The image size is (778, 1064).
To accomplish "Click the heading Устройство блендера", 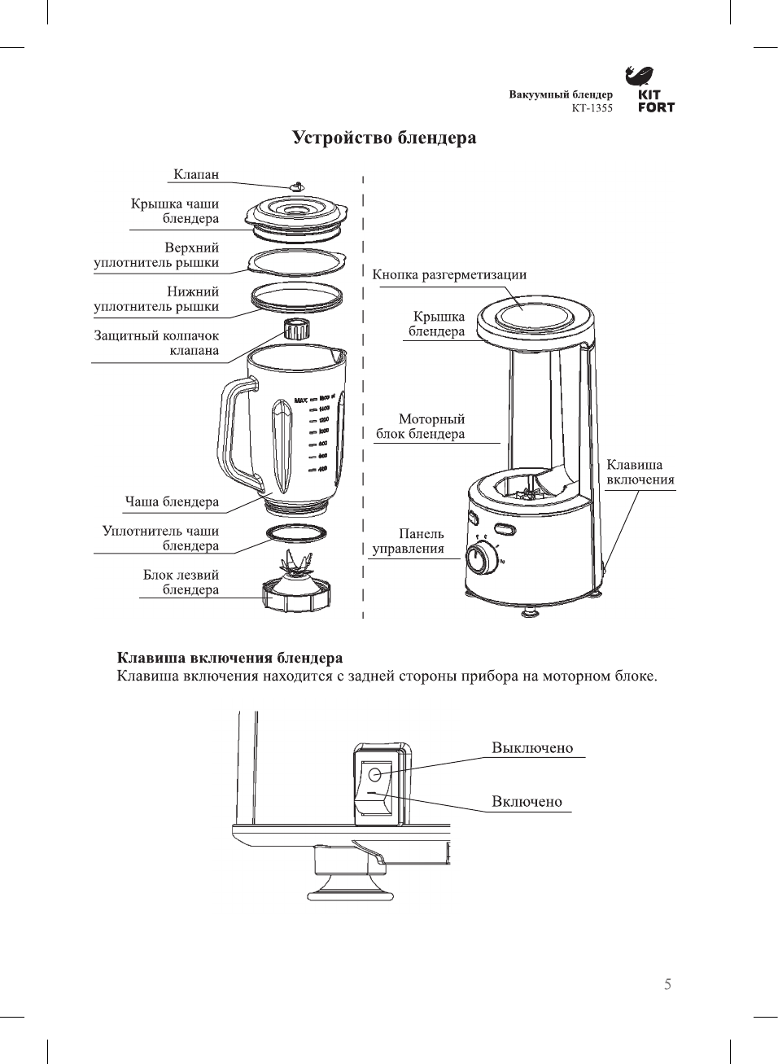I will pos(384,138).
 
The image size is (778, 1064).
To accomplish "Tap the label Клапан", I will pos(196,174).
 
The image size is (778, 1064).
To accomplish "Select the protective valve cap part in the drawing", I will pos(297,330).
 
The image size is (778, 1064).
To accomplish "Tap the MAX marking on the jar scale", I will pos(299,399).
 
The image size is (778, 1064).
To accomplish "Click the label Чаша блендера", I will pos(172,501).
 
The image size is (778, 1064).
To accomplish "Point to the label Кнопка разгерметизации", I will pos(449,274).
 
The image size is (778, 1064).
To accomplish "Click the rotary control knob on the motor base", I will pos(480,560).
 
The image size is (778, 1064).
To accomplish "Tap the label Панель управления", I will pos(409,541).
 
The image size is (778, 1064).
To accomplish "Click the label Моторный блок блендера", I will pos(421,427).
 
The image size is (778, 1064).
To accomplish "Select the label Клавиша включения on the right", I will pos(640,472).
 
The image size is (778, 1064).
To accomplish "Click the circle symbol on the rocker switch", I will pos(374,773).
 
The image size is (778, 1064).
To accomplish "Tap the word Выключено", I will pos(532,747).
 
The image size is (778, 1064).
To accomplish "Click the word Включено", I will pos(527,801).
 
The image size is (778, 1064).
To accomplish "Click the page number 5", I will pos(667,984).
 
